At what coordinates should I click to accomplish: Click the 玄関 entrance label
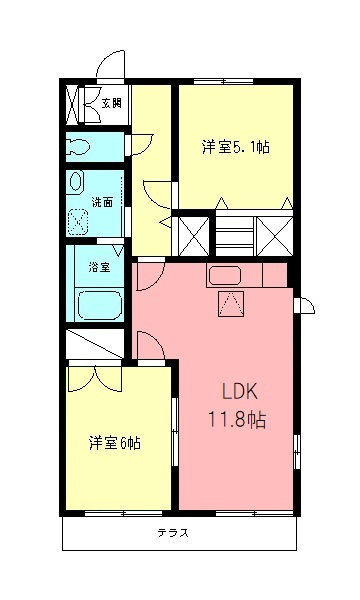(x=109, y=103)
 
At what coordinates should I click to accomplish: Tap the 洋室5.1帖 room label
(x=235, y=148)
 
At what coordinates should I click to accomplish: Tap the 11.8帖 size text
(x=237, y=420)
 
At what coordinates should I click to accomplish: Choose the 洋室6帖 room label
(x=113, y=441)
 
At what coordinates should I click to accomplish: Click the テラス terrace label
(x=172, y=532)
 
